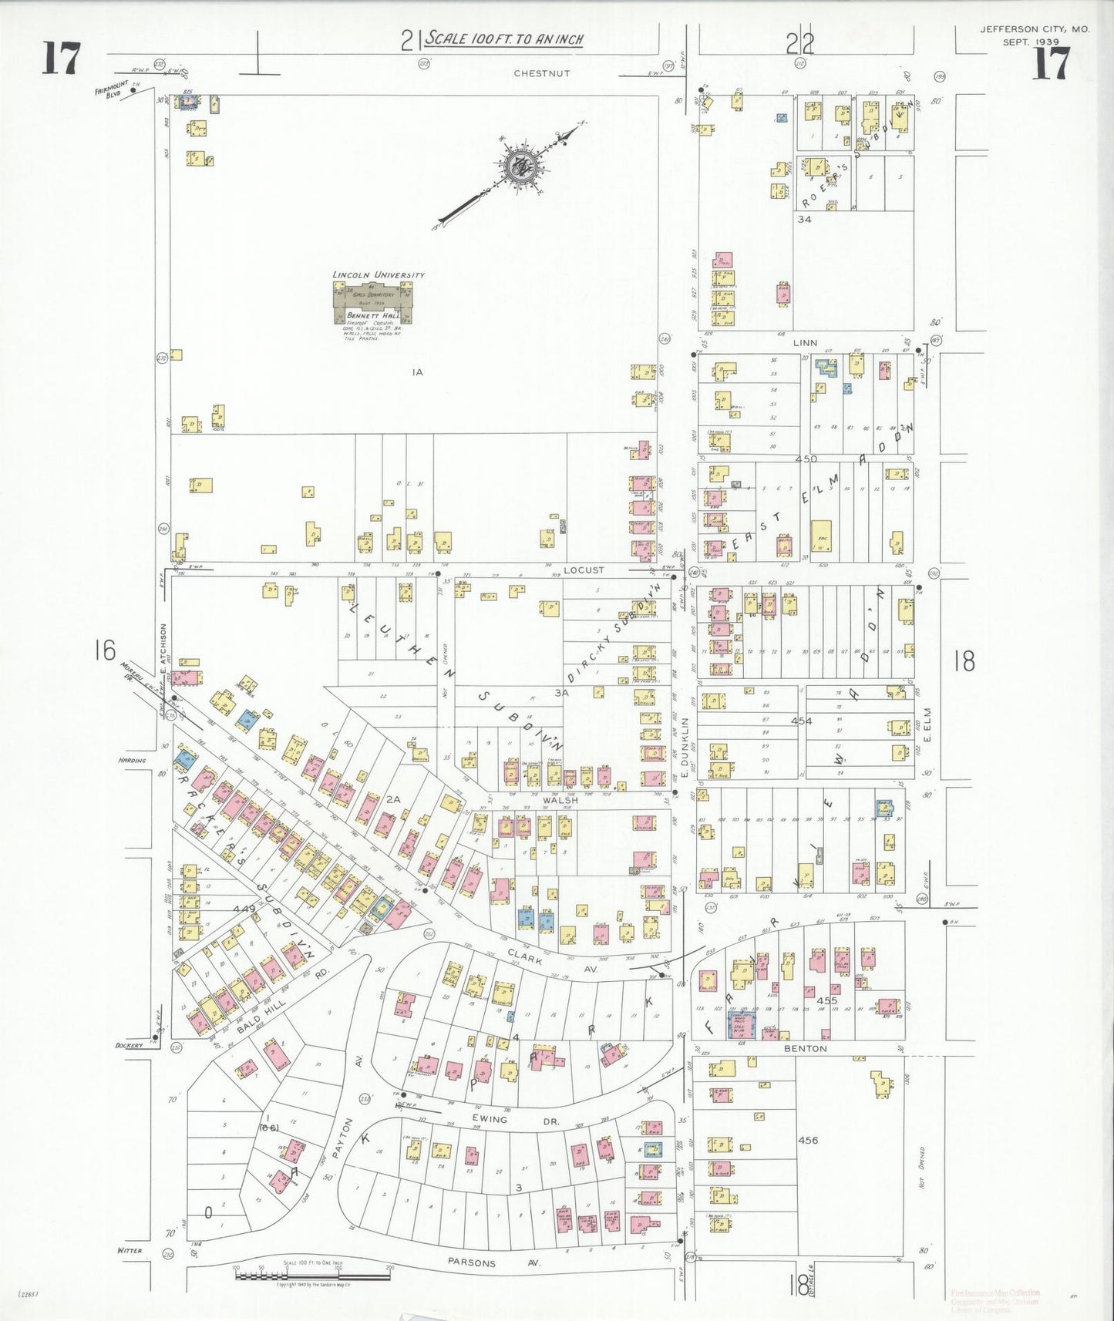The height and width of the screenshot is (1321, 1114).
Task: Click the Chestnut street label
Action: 542,73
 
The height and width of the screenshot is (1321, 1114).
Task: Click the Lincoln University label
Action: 378,274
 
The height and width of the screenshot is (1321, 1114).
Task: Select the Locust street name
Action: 584,570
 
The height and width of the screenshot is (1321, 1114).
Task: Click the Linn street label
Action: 805,343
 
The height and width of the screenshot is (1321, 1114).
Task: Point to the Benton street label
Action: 805,1048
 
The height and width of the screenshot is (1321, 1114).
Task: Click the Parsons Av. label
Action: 472,1262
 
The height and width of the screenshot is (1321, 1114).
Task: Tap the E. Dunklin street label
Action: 684,748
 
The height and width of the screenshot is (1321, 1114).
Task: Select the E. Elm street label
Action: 927,725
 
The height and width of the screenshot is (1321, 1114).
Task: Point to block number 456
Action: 808,1140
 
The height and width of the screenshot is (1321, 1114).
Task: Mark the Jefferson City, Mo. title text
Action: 1035,29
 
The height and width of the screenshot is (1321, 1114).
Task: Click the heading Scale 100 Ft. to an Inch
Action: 505,39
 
